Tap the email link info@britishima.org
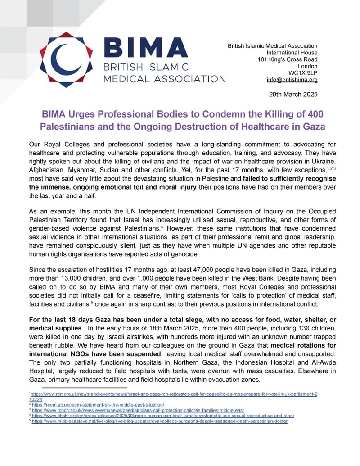click(292, 80)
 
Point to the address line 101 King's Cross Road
click(288, 59)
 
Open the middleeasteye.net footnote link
click(160, 421)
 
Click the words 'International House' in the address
click(293, 53)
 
